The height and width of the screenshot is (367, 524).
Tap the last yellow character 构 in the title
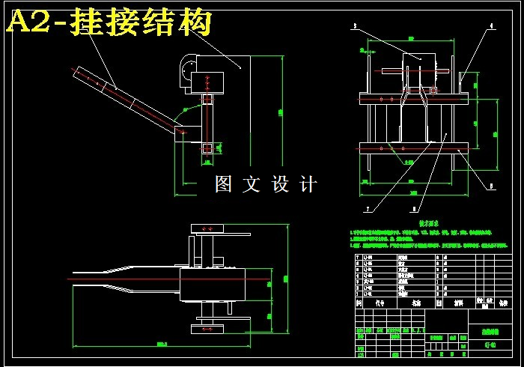(196, 23)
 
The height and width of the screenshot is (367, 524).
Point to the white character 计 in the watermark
(308, 183)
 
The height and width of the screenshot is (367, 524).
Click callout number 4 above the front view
(492, 26)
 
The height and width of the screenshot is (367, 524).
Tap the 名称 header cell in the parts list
(416, 303)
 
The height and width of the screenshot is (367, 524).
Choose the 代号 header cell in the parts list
(380, 303)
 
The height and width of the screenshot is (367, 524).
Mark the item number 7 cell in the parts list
(358, 256)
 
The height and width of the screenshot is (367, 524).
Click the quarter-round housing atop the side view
(185, 73)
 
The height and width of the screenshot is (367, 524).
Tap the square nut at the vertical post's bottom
(207, 148)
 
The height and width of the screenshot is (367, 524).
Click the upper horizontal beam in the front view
(414, 97)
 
